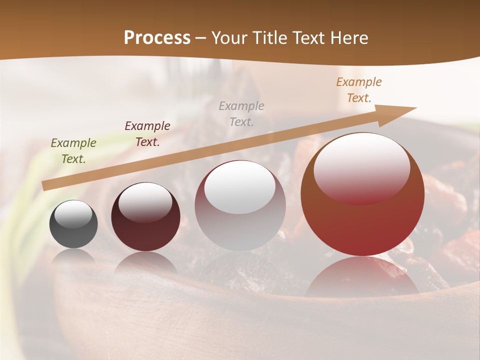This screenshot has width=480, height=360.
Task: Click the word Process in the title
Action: coord(157,38)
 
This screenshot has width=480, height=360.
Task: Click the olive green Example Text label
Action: coord(73,151)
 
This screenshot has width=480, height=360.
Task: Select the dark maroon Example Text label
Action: coord(147,134)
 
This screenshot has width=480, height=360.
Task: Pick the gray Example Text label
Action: coord(241,114)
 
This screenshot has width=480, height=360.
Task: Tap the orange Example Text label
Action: coord(359,90)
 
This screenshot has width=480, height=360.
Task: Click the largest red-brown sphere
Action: coord(362,225)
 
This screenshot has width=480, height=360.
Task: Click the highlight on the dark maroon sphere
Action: coord(145,202)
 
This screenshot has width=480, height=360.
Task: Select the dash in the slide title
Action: coord(201,38)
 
